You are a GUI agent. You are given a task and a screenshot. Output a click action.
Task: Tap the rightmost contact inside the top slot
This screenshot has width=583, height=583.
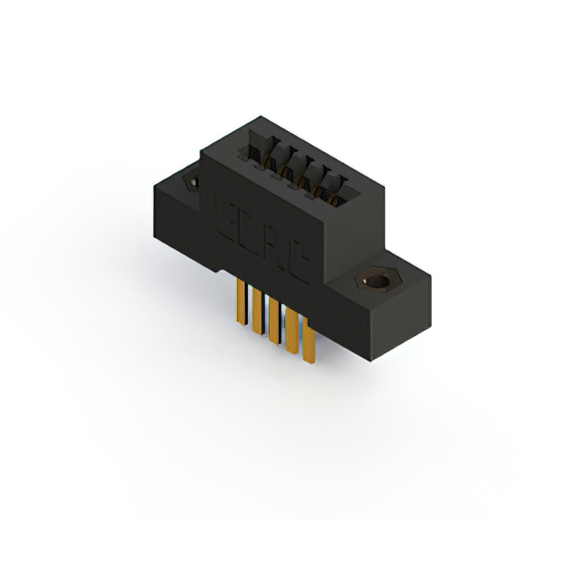tap(336, 195)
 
